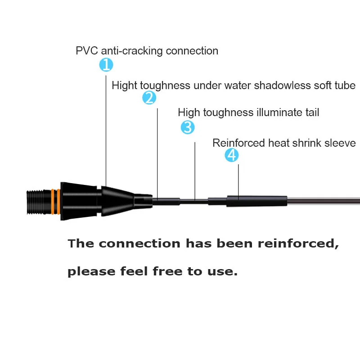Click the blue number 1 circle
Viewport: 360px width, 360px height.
pyautogui.click(x=106, y=65)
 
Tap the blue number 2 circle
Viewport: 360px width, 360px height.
pyautogui.click(x=149, y=98)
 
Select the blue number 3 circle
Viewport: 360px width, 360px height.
pyautogui.click(x=188, y=127)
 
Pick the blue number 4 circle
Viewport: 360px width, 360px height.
pyautogui.click(x=232, y=156)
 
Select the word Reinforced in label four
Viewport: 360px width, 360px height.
pyautogui.click(x=238, y=143)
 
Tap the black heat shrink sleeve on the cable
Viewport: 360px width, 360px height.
pyautogui.click(x=256, y=201)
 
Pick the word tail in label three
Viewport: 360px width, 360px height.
pyautogui.click(x=311, y=112)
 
